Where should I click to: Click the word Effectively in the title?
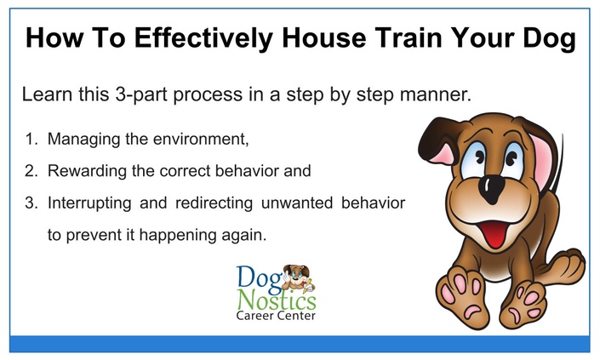click(203, 38)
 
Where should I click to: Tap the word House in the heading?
click(324, 37)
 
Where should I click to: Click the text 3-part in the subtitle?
click(141, 94)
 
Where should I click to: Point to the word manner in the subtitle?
click(436, 94)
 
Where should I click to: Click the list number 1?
click(31, 139)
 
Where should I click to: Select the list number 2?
click(31, 171)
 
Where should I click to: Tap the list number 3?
click(31, 203)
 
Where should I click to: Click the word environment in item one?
click(201, 139)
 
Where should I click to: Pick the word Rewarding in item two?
click(87, 171)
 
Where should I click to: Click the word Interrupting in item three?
click(89, 203)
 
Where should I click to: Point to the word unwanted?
click(297, 203)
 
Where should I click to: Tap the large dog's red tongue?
click(495, 234)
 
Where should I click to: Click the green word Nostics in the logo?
click(277, 300)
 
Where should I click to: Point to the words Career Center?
click(276, 316)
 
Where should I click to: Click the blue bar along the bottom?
click(300, 344)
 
